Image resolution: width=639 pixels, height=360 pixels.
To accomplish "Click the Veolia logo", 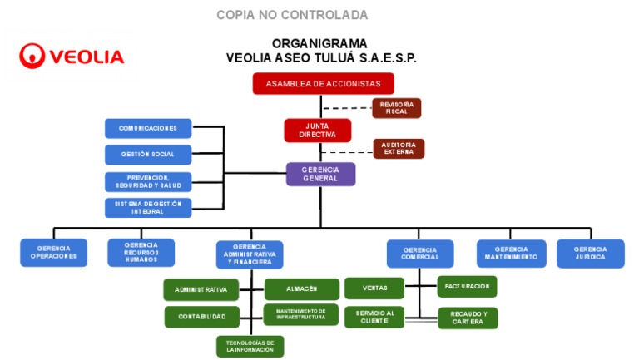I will pos(72,56).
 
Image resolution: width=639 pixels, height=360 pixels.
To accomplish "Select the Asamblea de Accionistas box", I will pos(323,84).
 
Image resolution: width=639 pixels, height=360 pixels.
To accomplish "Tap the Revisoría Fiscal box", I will pos(396,108).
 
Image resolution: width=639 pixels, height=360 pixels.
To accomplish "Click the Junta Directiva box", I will pos(317,131).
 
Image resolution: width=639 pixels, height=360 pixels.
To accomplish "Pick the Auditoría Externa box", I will pos(398,149).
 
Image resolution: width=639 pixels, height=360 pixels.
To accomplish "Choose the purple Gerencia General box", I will pos(320,174).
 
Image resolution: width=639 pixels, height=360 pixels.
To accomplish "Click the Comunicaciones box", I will pos(148,129).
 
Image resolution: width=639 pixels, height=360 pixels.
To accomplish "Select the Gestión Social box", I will pos(148,155).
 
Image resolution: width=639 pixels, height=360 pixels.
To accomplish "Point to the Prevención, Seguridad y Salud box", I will pos(148,181).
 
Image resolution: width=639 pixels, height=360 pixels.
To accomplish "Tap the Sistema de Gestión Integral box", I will pos(148,207).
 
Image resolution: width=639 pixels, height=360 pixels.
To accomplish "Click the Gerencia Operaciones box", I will pos(53,253).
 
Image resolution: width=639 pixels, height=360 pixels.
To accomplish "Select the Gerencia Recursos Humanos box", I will pos(141,253).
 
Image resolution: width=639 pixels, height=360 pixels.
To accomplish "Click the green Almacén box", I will pos(301,288).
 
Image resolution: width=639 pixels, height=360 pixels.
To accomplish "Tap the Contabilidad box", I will pos(201,317).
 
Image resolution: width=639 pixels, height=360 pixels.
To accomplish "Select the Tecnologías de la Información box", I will pos(250,347).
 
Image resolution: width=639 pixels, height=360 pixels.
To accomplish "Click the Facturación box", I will pos(466,286).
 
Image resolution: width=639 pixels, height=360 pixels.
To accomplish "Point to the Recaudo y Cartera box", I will pos(467,318).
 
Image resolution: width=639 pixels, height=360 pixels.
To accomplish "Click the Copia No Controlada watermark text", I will pos(292,15).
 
